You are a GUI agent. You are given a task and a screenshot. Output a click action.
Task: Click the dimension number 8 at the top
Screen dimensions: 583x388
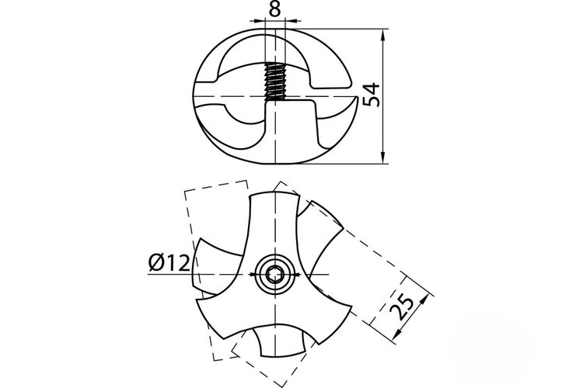(274, 9)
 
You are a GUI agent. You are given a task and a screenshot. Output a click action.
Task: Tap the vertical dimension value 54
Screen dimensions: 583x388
(371, 95)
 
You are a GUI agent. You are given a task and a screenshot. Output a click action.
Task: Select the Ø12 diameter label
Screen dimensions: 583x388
(169, 263)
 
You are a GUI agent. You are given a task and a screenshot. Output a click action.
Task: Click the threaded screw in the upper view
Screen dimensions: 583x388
(274, 81)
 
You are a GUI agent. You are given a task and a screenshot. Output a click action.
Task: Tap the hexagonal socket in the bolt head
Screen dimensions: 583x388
(274, 275)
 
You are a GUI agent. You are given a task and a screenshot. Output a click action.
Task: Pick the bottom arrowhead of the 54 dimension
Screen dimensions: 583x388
(383, 155)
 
